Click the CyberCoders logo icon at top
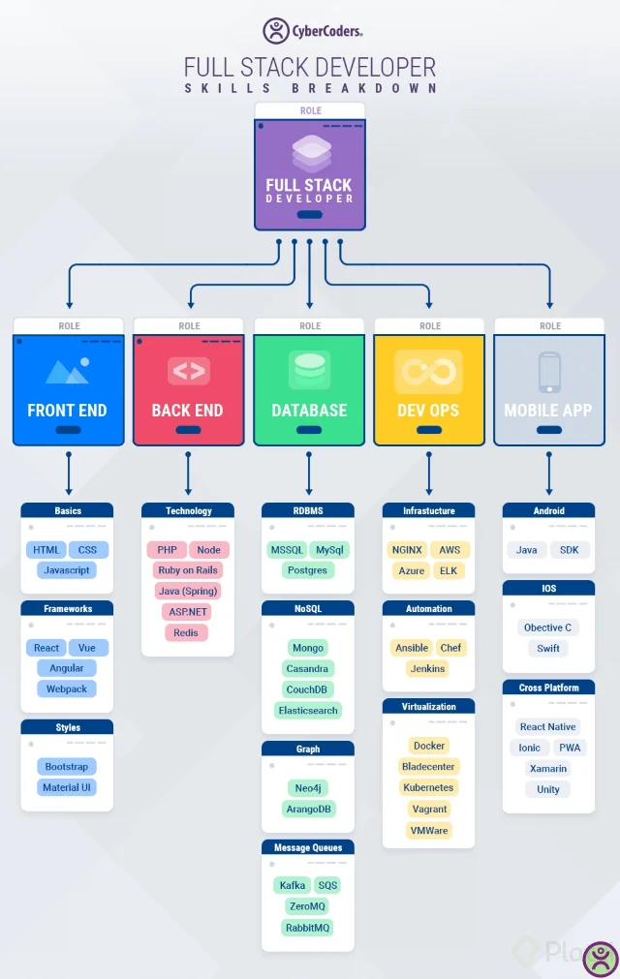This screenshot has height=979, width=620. [276, 31]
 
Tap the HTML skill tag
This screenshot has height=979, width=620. [46, 550]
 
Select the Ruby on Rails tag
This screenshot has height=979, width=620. [188, 570]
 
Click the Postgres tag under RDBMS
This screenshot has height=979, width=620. [307, 570]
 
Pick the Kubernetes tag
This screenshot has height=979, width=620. [428, 787]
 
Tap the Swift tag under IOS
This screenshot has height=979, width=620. [548, 649]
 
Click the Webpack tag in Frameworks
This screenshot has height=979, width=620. [67, 689]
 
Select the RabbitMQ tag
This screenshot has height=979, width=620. [307, 928]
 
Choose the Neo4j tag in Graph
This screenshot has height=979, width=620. [307, 788]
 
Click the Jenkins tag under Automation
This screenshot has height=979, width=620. [427, 668]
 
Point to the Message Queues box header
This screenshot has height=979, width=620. [307, 847]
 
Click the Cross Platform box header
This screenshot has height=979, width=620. [548, 688]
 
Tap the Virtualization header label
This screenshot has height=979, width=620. [428, 707]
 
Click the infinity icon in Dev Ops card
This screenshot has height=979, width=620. [428, 371]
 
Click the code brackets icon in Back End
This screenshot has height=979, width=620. [188, 371]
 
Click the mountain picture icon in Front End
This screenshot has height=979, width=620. [67, 371]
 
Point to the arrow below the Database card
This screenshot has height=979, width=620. [309, 474]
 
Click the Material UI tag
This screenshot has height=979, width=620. [67, 787]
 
